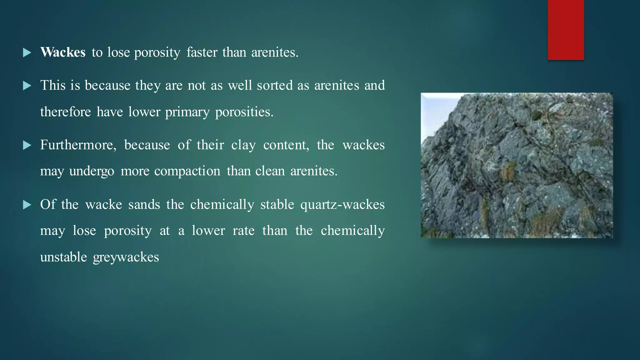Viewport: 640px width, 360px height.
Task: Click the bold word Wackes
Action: pyautogui.click(x=63, y=52)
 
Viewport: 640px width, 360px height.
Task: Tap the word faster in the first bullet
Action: pyautogui.click(x=202, y=52)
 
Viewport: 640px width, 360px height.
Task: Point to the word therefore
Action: pyautogui.click(x=65, y=112)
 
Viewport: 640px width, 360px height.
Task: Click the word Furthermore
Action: pyautogui.click(x=78, y=145)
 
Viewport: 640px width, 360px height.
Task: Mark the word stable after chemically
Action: pyautogui.click(x=277, y=205)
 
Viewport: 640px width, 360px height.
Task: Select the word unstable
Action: pyautogui.click(x=63, y=257)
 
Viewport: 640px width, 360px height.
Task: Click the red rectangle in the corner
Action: pyautogui.click(x=566, y=30)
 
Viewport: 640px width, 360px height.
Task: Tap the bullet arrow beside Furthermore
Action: pyautogui.click(x=27, y=145)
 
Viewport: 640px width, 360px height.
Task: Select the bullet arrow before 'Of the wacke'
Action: pyautogui.click(x=27, y=205)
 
